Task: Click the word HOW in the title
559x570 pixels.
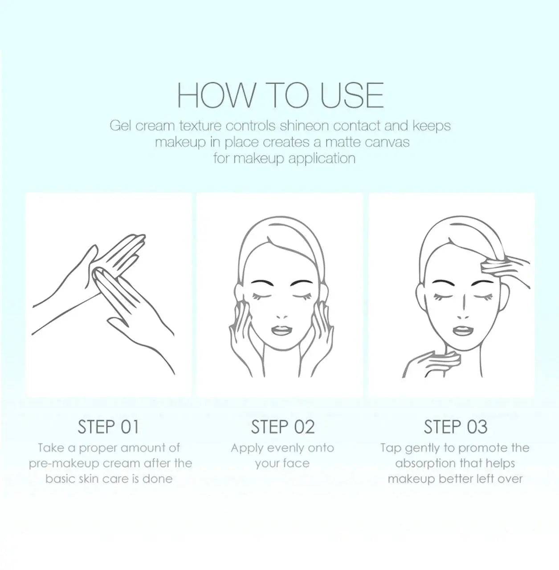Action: [216, 95]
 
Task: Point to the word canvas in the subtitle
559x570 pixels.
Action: [387, 142]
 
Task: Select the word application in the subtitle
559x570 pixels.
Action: [322, 159]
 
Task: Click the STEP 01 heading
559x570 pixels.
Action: [108, 427]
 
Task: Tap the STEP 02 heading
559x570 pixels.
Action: [283, 427]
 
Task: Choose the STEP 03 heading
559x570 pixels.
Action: [455, 427]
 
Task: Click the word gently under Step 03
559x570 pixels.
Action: [422, 448]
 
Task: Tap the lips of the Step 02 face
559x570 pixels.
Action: [282, 330]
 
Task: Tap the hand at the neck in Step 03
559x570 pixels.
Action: [432, 365]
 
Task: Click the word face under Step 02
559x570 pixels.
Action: [296, 464]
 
